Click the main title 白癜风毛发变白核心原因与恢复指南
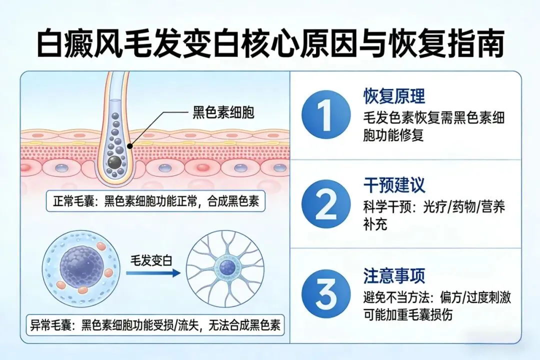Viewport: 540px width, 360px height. [x=270, y=43]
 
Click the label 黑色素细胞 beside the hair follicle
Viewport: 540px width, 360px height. [x=223, y=112]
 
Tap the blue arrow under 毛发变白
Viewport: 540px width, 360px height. [x=152, y=273]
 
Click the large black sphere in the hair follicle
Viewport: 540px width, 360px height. [x=115, y=161]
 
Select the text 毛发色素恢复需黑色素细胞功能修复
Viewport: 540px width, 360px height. [x=433, y=126]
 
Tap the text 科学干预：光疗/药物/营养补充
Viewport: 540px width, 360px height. [x=433, y=215]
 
